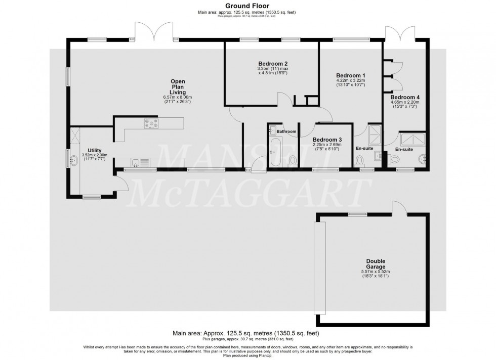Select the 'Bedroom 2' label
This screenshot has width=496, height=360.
(x=272, y=64)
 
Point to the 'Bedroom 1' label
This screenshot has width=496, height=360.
(x=350, y=74)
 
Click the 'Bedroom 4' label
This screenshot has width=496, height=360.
(x=405, y=97)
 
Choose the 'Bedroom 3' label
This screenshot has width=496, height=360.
(x=326, y=140)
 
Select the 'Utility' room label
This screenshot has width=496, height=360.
(x=95, y=151)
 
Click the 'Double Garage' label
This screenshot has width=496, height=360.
(x=376, y=264)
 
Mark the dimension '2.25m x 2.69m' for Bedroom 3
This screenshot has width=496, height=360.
(x=326, y=145)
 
